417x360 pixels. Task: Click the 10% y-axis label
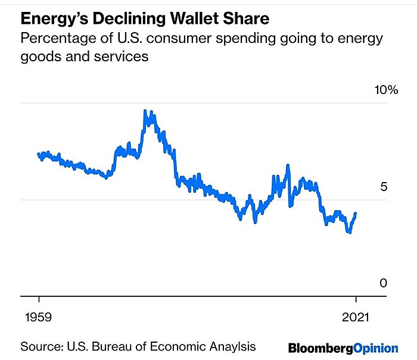pyautogui.click(x=385, y=90)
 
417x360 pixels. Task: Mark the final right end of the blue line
pyautogui.click(x=356, y=213)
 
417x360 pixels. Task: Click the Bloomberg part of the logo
pyautogui.click(x=320, y=348)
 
